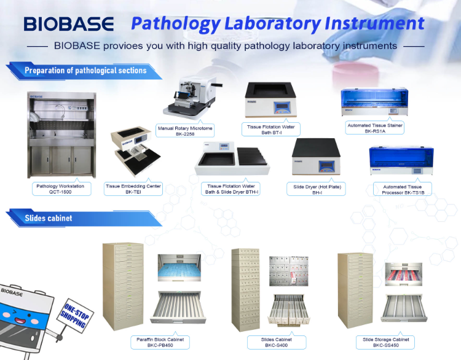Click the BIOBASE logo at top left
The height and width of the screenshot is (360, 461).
pyautogui.click(x=69, y=24)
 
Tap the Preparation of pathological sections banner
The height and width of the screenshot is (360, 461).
pyautogui.click(x=85, y=71)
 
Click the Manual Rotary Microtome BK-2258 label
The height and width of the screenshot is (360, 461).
pyautogui.click(x=185, y=131)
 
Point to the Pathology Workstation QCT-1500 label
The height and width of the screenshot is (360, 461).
pyautogui.click(x=60, y=189)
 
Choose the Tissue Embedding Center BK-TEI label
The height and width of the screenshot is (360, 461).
pyautogui.click(x=133, y=189)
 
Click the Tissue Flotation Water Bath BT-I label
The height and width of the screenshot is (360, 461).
pyautogui.click(x=271, y=130)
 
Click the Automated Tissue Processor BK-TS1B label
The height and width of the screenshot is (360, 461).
pyautogui.click(x=403, y=189)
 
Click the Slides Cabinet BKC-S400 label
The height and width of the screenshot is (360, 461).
pyautogui.click(x=277, y=342)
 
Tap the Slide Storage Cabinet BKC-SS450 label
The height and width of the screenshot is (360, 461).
pyautogui.click(x=385, y=342)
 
